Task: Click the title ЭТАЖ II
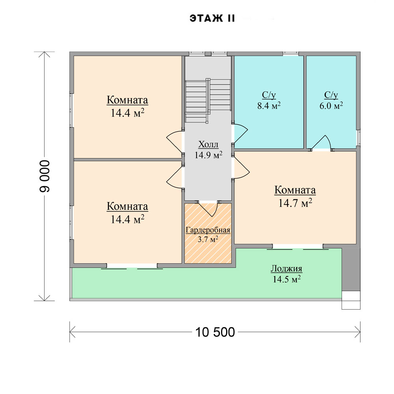tap(212, 19)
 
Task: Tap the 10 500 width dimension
tap(215, 332)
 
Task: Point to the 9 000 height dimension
tap(45, 176)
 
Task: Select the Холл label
tap(208, 145)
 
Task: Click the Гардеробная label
tap(208, 230)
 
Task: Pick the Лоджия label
tap(286, 269)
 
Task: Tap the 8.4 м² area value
tap(269, 106)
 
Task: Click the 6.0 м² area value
tap(331, 106)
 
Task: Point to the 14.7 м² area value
tap(295, 203)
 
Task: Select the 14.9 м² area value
tap(208, 155)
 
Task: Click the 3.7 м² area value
tap(208, 239)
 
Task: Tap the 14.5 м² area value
tap(287, 279)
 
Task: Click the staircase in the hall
tap(208, 100)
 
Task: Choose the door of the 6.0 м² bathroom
tap(322, 143)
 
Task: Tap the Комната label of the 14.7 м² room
tap(295, 190)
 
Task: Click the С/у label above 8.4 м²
tap(269, 95)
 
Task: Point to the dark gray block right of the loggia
tap(351, 270)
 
